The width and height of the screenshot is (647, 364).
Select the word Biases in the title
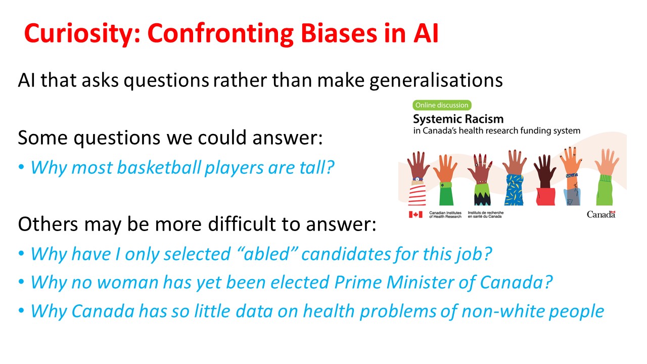pos(339,33)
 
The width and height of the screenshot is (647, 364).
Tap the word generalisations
pos(436,80)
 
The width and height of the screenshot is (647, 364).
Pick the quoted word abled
pos(266,254)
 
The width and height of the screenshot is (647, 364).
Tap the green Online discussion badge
pos(442,105)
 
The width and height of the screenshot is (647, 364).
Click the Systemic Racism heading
pos(458,119)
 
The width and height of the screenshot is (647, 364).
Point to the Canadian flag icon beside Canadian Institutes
pos(415,214)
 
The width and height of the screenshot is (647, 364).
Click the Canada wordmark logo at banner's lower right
pos(601,214)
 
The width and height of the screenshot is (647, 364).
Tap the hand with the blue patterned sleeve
pos(514,177)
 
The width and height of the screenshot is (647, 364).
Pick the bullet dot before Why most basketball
pos(21,167)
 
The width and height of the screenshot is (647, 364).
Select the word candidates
pos(346,254)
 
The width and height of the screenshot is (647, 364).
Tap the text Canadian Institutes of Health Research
pos(445,215)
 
